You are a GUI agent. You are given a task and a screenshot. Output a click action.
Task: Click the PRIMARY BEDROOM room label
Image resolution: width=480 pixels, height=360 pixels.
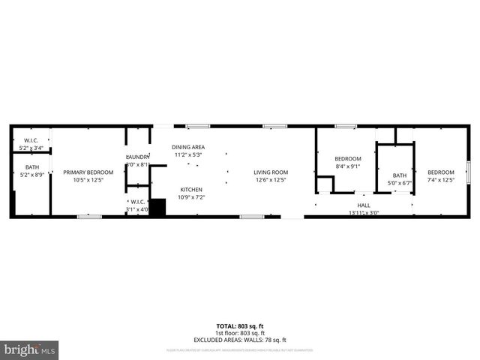pos(82,172)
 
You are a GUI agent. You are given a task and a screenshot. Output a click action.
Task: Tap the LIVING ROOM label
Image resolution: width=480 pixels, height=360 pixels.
pos(271,172)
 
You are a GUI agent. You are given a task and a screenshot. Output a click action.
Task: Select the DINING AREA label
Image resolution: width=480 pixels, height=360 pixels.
pos(189,146)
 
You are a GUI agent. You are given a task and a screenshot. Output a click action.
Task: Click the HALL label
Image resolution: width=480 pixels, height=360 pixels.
pos(364,205)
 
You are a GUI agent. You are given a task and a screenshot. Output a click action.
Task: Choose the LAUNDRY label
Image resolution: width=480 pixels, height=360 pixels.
pos(138,157)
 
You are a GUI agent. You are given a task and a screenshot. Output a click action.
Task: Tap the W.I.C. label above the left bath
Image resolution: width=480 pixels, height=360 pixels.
pos(31,139)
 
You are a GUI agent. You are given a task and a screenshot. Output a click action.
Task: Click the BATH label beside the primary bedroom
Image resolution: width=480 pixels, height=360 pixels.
pos(31,167)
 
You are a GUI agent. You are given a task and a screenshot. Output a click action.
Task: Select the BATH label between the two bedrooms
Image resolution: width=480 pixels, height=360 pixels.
pos(394,175)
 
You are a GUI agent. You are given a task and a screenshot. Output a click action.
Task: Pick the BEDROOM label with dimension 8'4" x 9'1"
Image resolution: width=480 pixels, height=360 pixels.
pos(348,158)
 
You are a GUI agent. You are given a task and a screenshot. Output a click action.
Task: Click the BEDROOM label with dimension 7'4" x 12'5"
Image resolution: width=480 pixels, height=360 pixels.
pos(441,172)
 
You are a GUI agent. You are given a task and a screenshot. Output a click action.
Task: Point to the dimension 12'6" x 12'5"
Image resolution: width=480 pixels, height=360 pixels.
pos(271,180)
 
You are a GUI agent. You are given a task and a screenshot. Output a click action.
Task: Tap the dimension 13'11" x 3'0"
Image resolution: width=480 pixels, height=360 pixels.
pos(364,213)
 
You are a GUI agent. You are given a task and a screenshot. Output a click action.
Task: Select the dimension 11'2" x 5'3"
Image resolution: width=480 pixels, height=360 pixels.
pos(189,154)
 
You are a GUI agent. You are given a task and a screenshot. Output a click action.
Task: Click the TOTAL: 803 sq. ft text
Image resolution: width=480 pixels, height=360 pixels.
pos(240,325)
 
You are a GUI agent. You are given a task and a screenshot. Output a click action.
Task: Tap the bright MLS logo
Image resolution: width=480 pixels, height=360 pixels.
pos(30,350)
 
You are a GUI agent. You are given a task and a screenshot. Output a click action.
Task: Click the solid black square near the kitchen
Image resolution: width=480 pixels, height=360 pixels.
pos(157,208)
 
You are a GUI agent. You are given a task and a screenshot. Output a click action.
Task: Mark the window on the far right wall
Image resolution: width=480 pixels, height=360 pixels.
pos(468,172)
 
